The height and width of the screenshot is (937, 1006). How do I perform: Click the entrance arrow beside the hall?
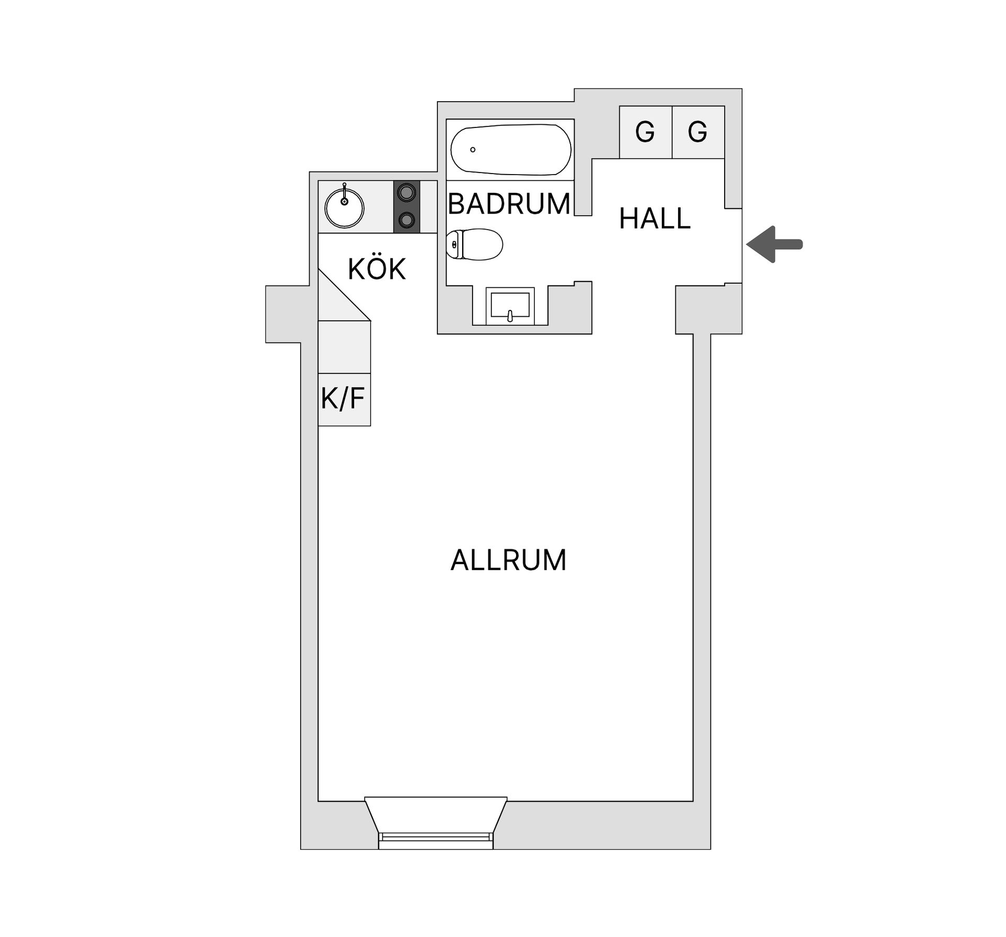click(774, 244)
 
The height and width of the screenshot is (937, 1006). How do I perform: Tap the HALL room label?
click(654, 219)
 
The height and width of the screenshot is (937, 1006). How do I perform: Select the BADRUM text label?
click(509, 203)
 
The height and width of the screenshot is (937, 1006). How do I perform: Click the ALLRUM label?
click(508, 560)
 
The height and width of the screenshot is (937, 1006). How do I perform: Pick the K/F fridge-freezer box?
click(344, 399)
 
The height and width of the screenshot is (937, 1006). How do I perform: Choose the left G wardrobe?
click(646, 132)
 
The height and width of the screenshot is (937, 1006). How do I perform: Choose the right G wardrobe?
click(698, 132)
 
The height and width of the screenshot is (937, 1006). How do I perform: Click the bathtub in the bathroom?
click(511, 149)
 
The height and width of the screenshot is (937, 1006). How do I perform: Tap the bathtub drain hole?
click(473, 149)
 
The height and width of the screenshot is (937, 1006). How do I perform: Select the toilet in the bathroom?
click(474, 244)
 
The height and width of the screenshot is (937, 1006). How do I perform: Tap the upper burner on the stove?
click(406, 192)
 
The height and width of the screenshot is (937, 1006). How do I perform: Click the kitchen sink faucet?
click(344, 193)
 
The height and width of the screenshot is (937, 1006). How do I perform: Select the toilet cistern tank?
click(454, 244)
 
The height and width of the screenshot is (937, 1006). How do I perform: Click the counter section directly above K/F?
click(344, 347)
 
